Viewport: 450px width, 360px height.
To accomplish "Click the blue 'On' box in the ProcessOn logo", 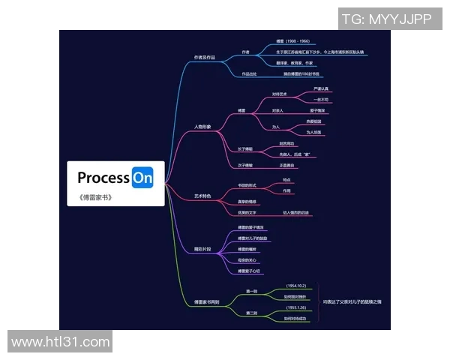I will point(142,178).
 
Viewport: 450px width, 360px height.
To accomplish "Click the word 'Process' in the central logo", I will point(103,178).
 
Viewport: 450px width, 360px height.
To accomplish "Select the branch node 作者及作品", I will point(204,57).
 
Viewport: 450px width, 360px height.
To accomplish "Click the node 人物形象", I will point(202,127).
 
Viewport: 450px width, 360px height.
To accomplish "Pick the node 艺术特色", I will point(202,195).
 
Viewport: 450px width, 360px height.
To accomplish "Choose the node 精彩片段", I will point(202,248).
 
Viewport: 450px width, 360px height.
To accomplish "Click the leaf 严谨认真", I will point(320,88).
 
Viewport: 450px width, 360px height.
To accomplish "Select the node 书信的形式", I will point(247,185).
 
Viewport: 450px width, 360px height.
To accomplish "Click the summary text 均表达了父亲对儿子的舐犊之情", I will point(352,301).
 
